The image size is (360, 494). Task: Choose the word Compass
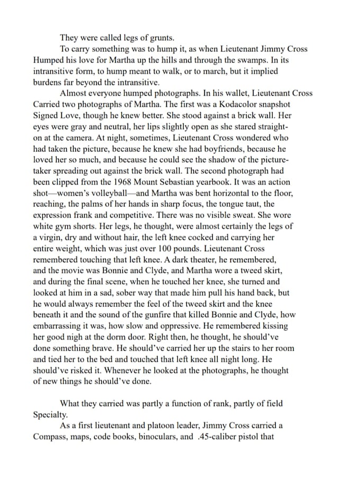pos(51,437)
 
